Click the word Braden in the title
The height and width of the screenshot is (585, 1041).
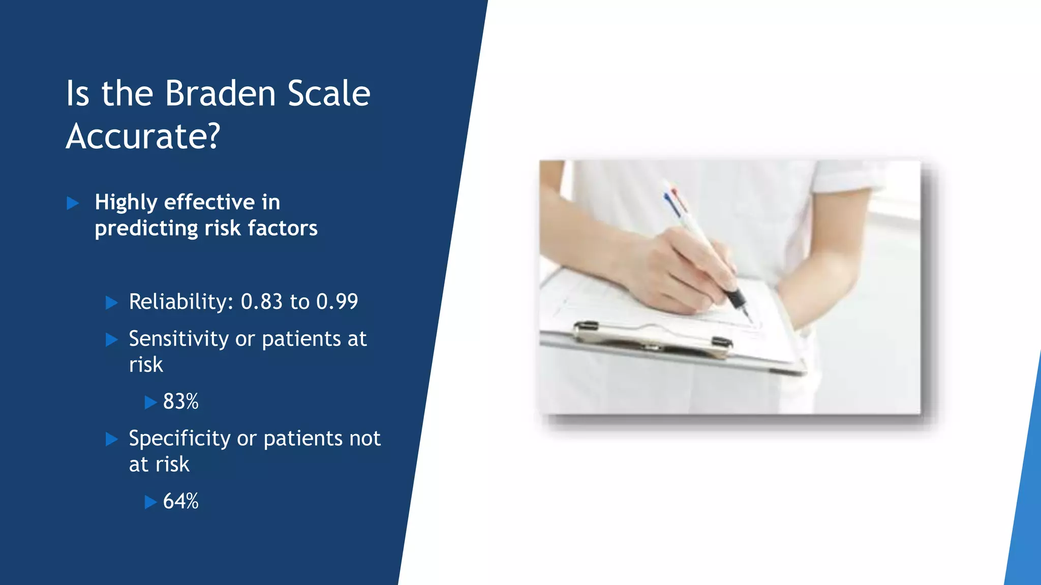pyautogui.click(x=220, y=94)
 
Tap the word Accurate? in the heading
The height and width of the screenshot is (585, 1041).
pyautogui.click(x=143, y=137)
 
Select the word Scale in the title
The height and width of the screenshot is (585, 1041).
pyautogui.click(x=329, y=94)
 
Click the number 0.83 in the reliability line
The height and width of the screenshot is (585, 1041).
pyautogui.click(x=261, y=302)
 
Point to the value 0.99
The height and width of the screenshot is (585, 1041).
pyautogui.click(x=337, y=302)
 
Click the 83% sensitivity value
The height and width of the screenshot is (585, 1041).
pyautogui.click(x=180, y=402)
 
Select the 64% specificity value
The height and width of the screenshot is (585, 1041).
pyautogui.click(x=180, y=501)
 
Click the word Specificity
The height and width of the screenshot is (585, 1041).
pyautogui.click(x=179, y=439)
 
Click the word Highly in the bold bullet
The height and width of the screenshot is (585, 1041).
pyautogui.click(x=126, y=203)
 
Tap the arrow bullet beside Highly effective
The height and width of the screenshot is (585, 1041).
pyautogui.click(x=73, y=204)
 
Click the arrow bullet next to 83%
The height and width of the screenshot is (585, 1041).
pyautogui.click(x=150, y=403)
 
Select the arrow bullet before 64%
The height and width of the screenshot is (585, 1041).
pyautogui.click(x=150, y=502)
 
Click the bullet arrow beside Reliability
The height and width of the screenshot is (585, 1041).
pyautogui.click(x=112, y=303)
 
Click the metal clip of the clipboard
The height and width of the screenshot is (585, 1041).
pyautogui.click(x=653, y=338)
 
